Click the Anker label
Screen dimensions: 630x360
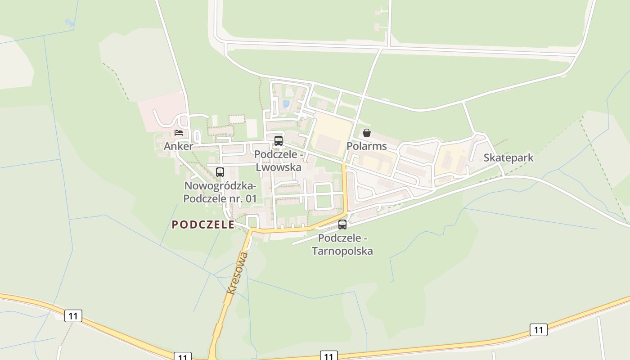178,146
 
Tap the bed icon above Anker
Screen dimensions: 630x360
179,133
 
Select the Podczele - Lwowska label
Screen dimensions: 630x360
278,161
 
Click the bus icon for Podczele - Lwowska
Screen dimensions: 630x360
279,140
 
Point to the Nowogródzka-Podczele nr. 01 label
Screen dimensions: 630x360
220,192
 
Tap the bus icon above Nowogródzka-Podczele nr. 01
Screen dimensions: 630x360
220,172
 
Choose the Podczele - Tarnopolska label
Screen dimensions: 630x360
342,244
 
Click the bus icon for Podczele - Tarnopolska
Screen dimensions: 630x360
342,224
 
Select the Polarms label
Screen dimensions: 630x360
366,146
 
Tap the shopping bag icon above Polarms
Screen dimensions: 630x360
367,133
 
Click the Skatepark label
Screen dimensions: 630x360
508,157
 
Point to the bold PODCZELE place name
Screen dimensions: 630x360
203,225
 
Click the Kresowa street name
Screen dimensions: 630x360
238,273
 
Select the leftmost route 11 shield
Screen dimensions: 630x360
73,316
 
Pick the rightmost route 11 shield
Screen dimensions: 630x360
538,330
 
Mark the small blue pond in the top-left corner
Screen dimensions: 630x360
70,21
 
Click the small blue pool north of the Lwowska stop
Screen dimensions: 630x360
286,104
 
